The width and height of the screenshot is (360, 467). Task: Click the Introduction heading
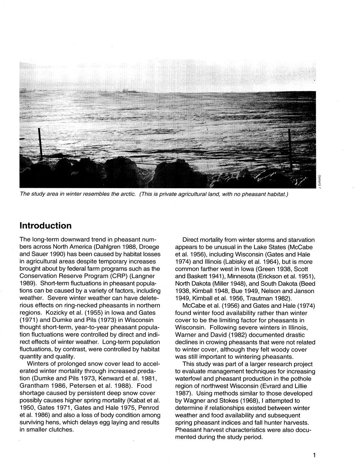(x=46, y=226)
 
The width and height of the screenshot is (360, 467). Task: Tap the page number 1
(x=314, y=455)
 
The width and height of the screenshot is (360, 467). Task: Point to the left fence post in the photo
(x=40, y=144)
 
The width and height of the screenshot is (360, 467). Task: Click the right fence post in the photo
(x=290, y=149)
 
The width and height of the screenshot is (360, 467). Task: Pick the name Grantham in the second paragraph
(x=35, y=385)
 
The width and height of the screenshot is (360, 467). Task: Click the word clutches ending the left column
(x=61, y=429)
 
